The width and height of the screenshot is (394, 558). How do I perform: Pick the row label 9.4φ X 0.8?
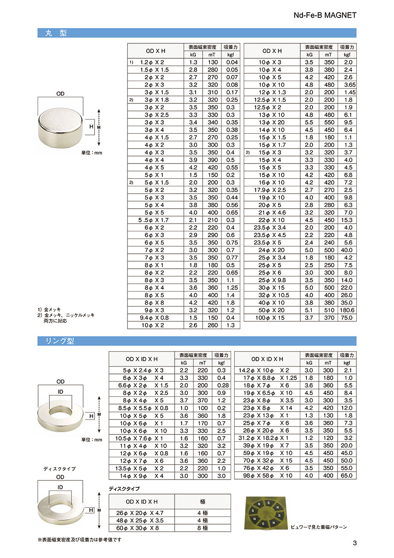pyautogui.click(x=154, y=317)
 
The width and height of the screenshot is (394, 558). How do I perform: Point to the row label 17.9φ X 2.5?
pyautogui.click(x=271, y=190)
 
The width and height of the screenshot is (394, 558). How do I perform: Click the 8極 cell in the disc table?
pyautogui.click(x=202, y=528)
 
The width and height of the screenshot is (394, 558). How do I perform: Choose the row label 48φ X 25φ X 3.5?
pyautogui.click(x=141, y=520)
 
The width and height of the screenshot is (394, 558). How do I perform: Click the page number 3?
pyautogui.click(x=355, y=544)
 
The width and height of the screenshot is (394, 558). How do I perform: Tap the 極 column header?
pyautogui.click(x=202, y=501)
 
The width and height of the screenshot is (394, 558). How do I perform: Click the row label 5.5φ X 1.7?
pyautogui.click(x=154, y=220)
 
